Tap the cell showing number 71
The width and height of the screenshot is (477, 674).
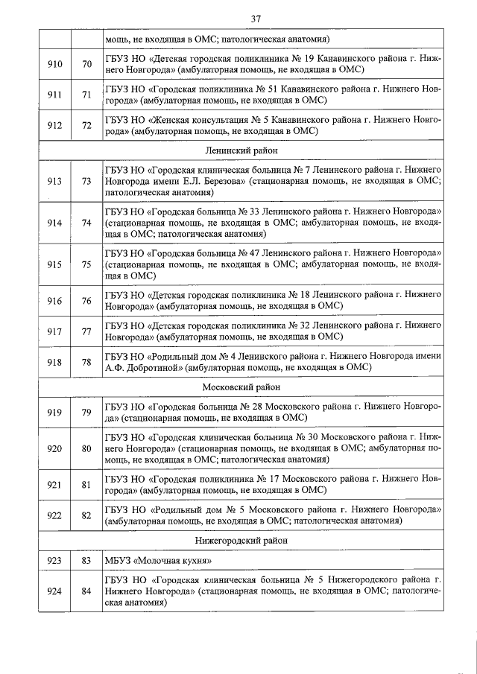pos(86,95)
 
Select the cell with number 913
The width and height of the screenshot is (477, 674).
pos(54,181)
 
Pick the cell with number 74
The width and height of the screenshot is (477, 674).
pos(86,223)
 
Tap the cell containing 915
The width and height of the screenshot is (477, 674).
pos(54,264)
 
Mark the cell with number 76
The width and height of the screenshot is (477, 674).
pos(86,300)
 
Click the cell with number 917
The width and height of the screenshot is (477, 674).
pos(54,331)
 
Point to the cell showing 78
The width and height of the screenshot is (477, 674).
pos(86,362)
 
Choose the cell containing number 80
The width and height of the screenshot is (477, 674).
pos(86,448)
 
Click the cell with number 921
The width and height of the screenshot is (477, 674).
pos(54,485)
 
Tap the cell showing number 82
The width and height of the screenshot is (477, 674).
pos(86,515)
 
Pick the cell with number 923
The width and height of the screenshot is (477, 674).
pos(54,562)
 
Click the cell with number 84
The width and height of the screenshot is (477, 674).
pos(86,592)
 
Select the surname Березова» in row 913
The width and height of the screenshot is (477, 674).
pos(222,181)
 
